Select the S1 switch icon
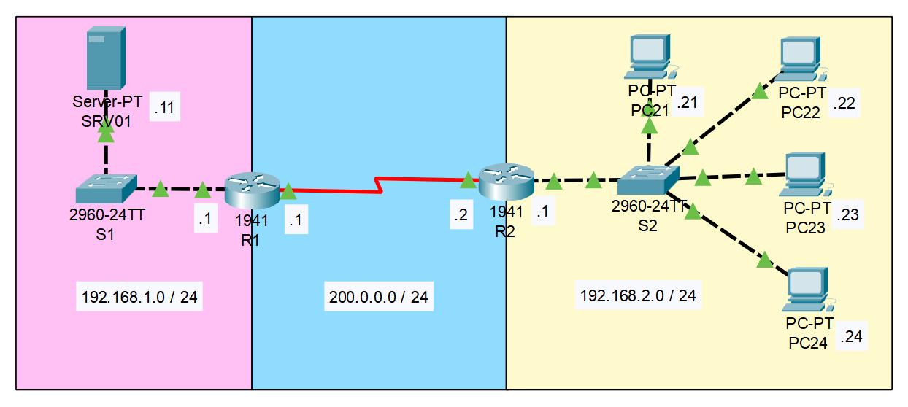[106, 189]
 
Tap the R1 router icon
[252, 190]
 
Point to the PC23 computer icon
[805, 174]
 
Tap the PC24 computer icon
[809, 290]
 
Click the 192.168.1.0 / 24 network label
[139, 298]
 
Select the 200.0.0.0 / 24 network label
[378, 297]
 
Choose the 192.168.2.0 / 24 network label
[638, 295]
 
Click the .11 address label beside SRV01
[164, 109]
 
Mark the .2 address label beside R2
[461, 214]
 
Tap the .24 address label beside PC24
[852, 337]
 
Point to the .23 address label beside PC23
[848, 215]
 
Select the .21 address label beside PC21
[687, 103]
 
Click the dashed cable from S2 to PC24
[730, 235]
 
